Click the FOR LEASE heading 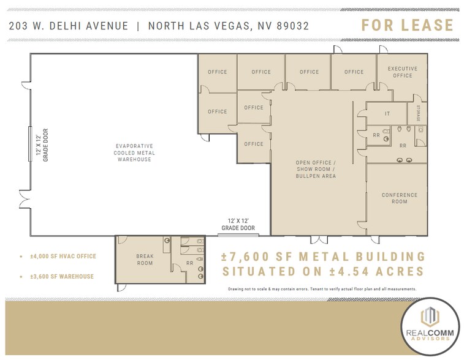point(407,26)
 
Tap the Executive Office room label point(402,72)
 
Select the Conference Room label point(399,198)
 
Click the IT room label point(387,113)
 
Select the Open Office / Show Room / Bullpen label point(316,170)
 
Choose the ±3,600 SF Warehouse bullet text point(61,276)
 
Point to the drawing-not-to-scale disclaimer point(322,288)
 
